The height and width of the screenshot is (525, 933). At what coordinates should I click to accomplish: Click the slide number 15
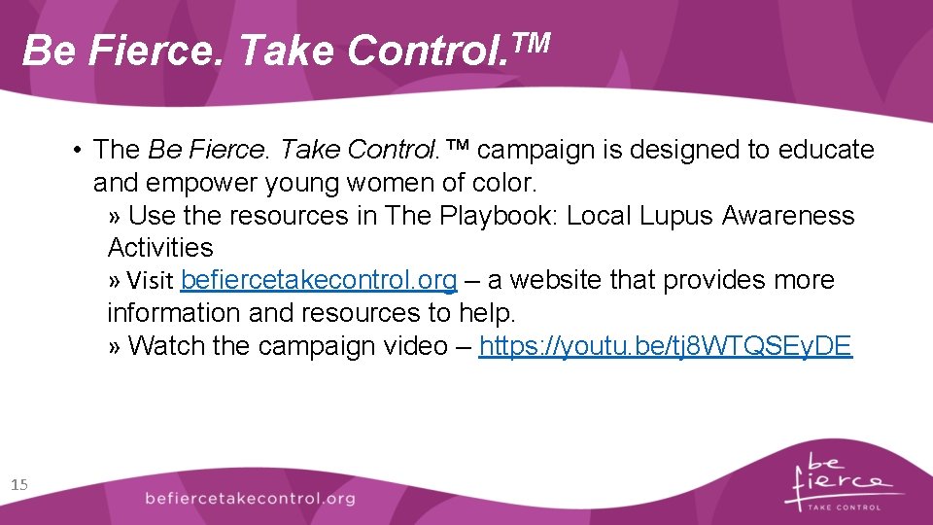point(20,484)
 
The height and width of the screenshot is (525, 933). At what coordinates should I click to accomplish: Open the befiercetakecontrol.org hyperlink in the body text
point(319,281)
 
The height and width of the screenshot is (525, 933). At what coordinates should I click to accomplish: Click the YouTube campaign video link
point(666,346)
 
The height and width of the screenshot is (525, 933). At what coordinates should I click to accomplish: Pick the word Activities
point(160,248)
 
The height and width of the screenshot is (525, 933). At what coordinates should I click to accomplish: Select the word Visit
point(150,282)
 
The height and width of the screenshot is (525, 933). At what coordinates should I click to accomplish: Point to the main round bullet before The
point(75,150)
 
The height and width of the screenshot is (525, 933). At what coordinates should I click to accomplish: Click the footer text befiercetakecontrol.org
point(250,499)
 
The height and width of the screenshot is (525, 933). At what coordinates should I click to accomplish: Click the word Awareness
point(788,216)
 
